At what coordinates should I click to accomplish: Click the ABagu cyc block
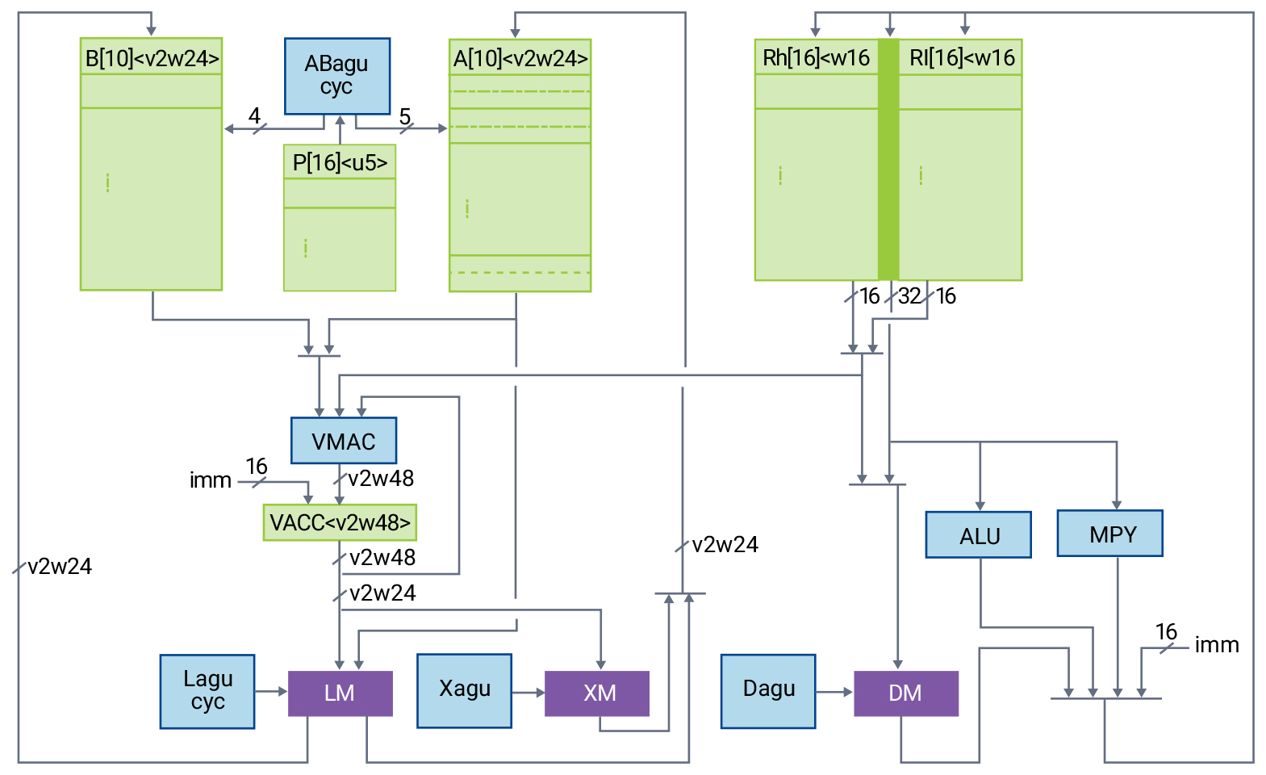pos(337,76)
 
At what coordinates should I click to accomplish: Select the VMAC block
pos(344,441)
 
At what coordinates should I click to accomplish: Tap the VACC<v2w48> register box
pos(340,522)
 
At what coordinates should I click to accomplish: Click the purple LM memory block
pos(340,693)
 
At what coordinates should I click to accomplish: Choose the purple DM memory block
pos(905,693)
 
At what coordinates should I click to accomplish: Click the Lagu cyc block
pos(207,691)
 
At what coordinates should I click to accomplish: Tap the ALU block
pos(978,534)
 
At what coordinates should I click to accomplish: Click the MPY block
pos(1110,533)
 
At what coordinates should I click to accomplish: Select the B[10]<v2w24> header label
pos(152,58)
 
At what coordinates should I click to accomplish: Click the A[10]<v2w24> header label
pos(520,58)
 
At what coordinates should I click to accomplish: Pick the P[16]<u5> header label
pos(340,162)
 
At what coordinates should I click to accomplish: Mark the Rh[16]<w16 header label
pos(816,57)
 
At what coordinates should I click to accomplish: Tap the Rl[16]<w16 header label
pos(961,57)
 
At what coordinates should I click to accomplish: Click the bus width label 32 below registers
pos(909,296)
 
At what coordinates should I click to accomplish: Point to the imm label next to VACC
pos(211,480)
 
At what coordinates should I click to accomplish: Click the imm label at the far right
pos(1216,645)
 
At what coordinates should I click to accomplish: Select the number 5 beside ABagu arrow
pos(405,117)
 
